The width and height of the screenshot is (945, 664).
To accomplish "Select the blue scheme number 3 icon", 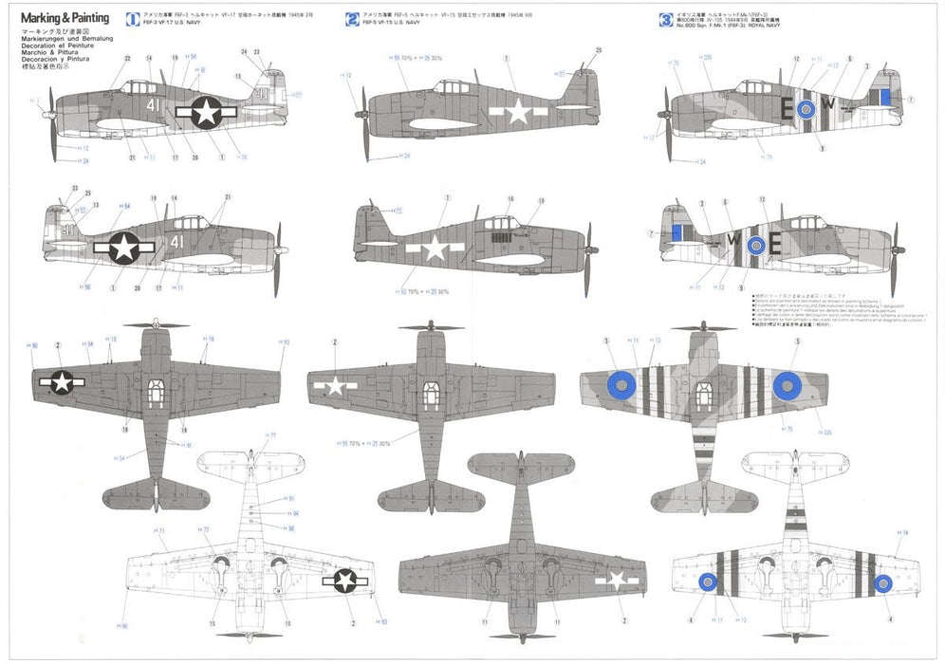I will [x=665, y=18].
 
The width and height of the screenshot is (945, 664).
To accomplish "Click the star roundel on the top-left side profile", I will [x=206, y=112].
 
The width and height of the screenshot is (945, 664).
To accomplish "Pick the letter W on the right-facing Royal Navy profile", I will [x=733, y=241].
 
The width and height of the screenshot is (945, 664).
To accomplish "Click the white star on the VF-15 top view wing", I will [x=336, y=386].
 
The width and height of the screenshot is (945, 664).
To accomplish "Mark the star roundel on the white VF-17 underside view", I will [x=343, y=581].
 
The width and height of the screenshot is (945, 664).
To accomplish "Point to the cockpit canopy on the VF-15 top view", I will [x=430, y=390].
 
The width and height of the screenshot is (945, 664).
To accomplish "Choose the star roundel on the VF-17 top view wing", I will [x=62, y=381].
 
